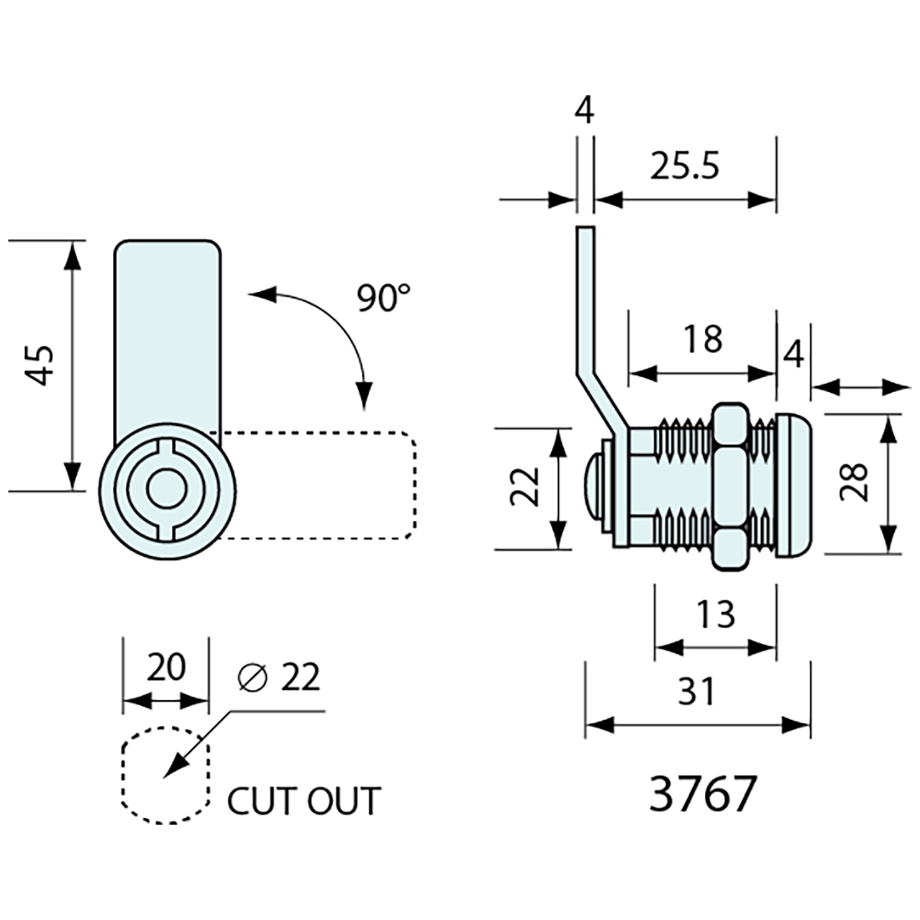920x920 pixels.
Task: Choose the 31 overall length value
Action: tap(696, 692)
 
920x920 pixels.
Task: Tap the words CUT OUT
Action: tap(304, 801)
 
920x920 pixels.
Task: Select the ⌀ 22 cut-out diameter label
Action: tap(279, 678)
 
